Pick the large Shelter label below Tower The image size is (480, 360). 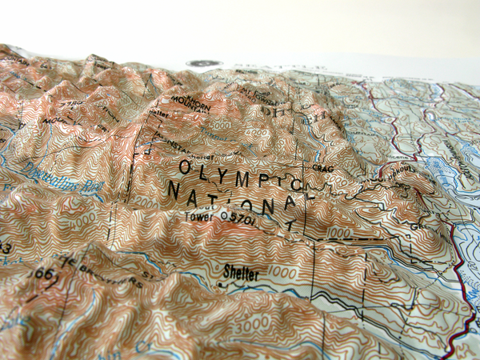(x=241, y=274)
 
